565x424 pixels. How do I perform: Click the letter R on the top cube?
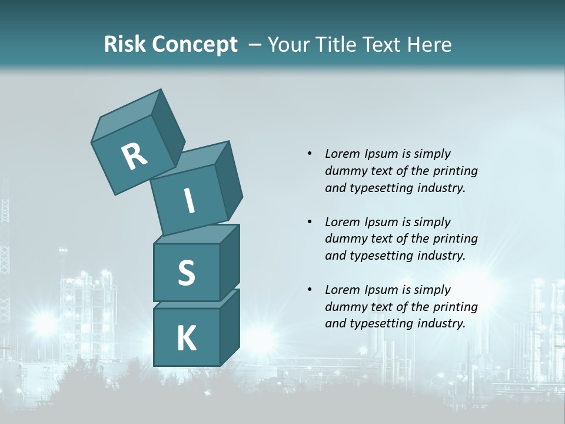134,156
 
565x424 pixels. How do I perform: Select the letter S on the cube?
186,273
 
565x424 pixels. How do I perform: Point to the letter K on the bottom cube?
186,339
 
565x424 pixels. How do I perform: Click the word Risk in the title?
124,44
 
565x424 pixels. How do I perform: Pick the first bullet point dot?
309,154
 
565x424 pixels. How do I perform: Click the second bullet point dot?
309,222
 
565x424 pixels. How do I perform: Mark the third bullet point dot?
309,290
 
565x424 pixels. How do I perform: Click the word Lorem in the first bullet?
341,154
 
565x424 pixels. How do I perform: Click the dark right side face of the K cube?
230,327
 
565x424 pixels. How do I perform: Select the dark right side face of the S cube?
230,261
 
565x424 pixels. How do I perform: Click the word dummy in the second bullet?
345,239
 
